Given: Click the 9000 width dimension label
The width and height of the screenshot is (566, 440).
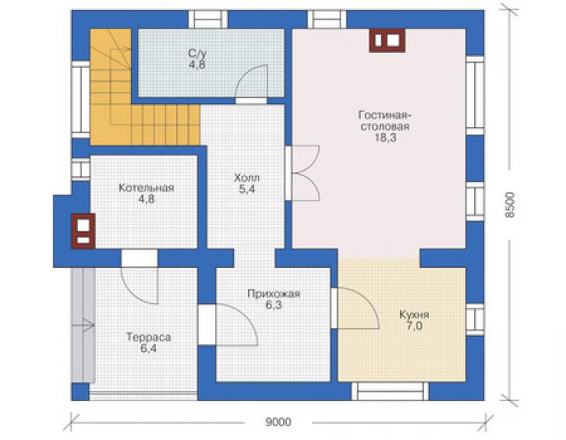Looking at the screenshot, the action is [278, 422].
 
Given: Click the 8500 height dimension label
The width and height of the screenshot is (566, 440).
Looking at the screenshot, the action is [509, 205].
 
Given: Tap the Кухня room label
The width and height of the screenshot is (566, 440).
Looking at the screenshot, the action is [414, 315].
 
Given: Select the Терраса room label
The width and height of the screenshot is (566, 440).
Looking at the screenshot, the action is [148, 337].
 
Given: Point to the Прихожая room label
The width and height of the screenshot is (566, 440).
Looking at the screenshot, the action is [274, 294].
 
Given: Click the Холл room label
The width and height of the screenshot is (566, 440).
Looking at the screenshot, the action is [247, 178].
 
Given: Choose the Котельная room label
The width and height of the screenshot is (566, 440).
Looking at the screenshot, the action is [146, 187].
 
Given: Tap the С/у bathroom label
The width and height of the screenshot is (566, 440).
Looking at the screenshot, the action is [197, 54].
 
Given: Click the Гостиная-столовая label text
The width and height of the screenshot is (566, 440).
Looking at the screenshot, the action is [385, 121].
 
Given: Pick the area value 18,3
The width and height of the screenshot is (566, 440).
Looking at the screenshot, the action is [385, 138].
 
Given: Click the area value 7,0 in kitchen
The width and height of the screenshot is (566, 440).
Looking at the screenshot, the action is [415, 326].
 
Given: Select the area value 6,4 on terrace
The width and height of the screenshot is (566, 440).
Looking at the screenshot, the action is [148, 349].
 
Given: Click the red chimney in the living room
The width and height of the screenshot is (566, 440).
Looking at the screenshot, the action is [387, 41].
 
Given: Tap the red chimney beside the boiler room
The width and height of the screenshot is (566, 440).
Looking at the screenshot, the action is [83, 231].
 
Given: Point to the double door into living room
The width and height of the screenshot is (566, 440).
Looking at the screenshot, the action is [302, 173].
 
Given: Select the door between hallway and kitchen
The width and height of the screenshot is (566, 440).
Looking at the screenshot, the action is [355, 308].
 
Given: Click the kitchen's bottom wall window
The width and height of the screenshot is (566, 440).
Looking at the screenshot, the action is [390, 391].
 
